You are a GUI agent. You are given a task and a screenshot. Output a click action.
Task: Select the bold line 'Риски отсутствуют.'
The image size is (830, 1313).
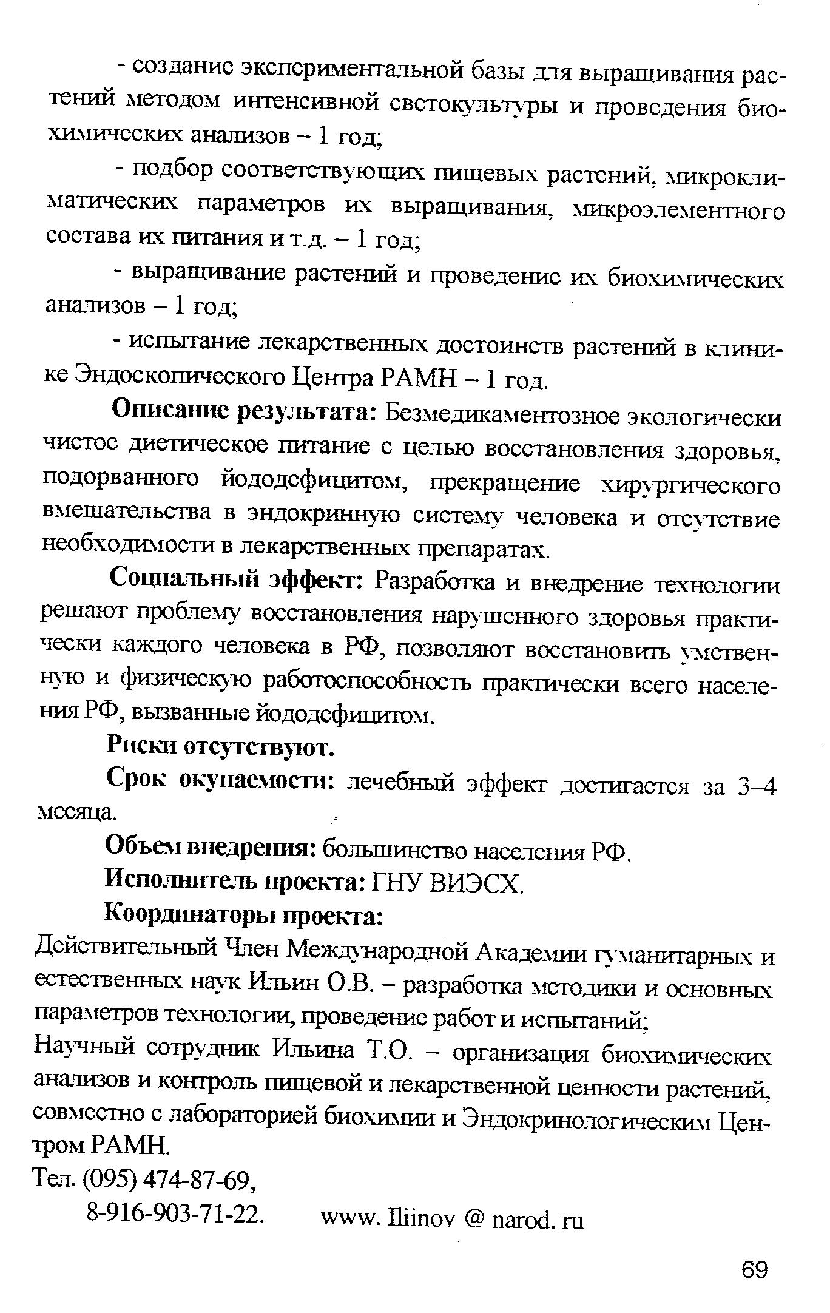pos(220,747)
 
